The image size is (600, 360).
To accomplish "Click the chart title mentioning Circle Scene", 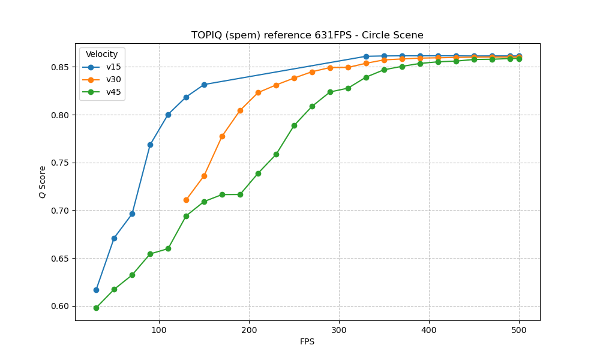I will coord(307,35).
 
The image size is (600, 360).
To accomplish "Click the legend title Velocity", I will coord(102,55).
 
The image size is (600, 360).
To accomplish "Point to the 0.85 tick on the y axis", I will coord(60,67).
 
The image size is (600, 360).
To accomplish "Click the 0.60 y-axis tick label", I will coord(60,306).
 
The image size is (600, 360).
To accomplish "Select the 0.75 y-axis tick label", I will coord(60,163).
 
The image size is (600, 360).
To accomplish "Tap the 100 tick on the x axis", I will coord(159,329).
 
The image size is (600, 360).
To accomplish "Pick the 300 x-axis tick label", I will coord(339,329).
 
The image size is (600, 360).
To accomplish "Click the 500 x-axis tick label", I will coord(519,329).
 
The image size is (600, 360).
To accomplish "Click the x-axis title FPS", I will coord(307,342).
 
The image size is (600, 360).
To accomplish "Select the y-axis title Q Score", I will coord(43,182).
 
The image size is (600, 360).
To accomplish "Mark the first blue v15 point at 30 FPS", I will coord(96,290).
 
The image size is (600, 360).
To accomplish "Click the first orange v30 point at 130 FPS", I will coord(186,200).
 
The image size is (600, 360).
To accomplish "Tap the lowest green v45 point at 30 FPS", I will coord(96,308).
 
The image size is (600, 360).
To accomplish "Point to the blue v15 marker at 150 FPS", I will coord(204,85).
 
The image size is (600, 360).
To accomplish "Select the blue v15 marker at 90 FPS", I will coord(150,145).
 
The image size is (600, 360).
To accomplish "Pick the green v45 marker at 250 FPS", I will coord(294,125).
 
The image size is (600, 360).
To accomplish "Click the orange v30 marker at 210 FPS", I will coord(258,92).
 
